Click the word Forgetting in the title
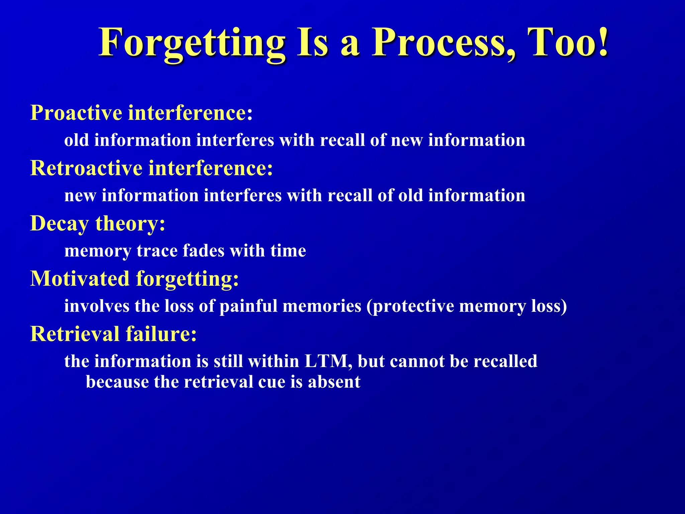192,44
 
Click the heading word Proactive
76,113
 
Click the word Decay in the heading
59,224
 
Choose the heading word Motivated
80,278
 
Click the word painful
249,306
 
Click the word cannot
417,361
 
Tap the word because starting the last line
117,382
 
